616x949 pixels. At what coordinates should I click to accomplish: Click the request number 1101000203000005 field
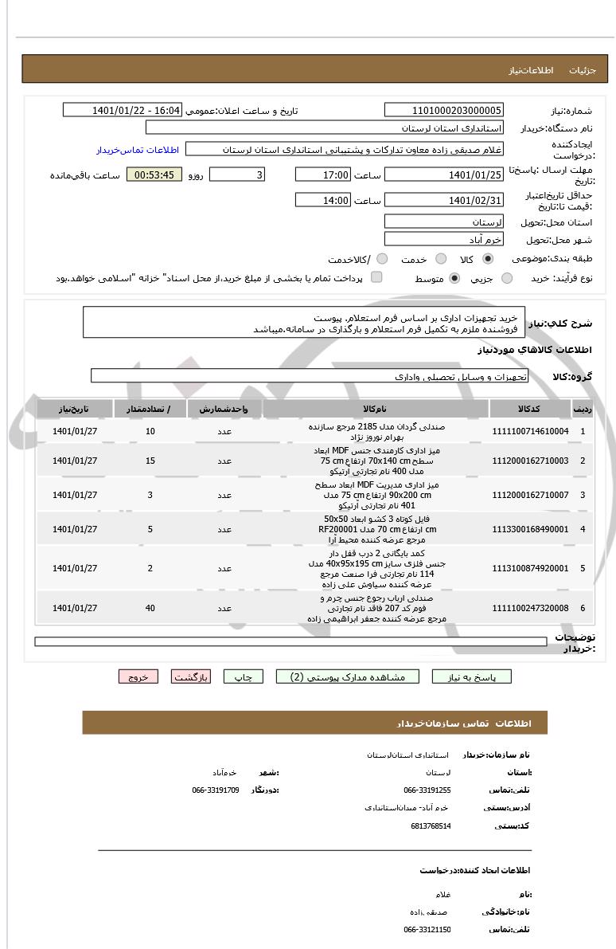(x=443, y=110)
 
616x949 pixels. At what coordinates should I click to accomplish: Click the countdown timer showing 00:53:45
(x=154, y=175)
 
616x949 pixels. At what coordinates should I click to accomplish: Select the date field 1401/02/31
(x=443, y=200)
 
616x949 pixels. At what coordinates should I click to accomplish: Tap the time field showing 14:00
(x=322, y=200)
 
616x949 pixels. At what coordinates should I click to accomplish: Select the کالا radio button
(x=488, y=259)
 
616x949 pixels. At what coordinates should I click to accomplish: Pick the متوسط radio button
(x=454, y=278)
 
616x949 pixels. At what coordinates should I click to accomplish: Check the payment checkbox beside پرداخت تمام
(x=376, y=277)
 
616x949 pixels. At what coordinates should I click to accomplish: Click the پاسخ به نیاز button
(x=472, y=676)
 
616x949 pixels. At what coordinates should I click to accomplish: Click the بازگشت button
(x=191, y=676)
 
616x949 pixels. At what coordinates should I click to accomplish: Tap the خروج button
(x=138, y=676)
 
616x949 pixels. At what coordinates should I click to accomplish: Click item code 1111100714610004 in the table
(x=532, y=431)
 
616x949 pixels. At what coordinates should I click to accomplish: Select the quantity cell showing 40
(x=150, y=608)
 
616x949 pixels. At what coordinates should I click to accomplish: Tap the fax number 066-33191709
(x=216, y=790)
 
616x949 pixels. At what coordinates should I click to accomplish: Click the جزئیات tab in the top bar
(x=588, y=70)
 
